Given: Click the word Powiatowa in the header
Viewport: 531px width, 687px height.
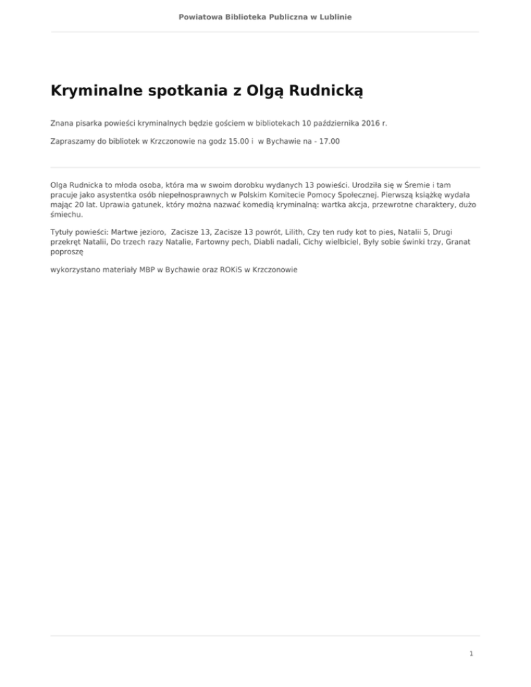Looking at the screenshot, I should point(201,16).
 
